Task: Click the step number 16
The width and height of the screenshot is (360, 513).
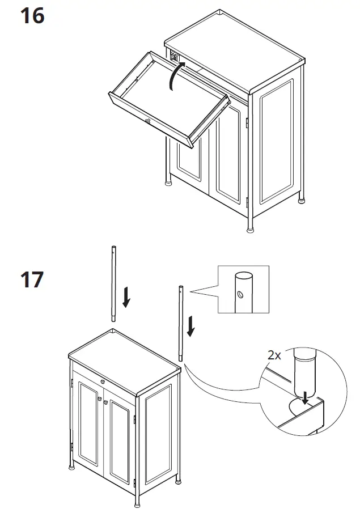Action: tap(32, 16)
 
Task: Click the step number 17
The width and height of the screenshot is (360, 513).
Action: tap(32, 279)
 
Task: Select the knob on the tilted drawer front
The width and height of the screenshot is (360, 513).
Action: tap(147, 121)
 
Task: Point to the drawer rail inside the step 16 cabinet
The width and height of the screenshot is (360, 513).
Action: tap(176, 57)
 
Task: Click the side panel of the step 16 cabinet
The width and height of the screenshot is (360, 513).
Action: tap(276, 142)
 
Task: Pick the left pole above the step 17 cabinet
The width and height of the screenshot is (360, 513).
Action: tap(113, 283)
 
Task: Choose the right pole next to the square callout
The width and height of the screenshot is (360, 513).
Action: tap(181, 323)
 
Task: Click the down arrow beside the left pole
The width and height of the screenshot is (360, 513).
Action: tap(126, 297)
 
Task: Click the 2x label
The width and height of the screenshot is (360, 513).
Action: tap(274, 355)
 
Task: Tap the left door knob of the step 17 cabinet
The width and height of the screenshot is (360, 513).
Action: tap(100, 400)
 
